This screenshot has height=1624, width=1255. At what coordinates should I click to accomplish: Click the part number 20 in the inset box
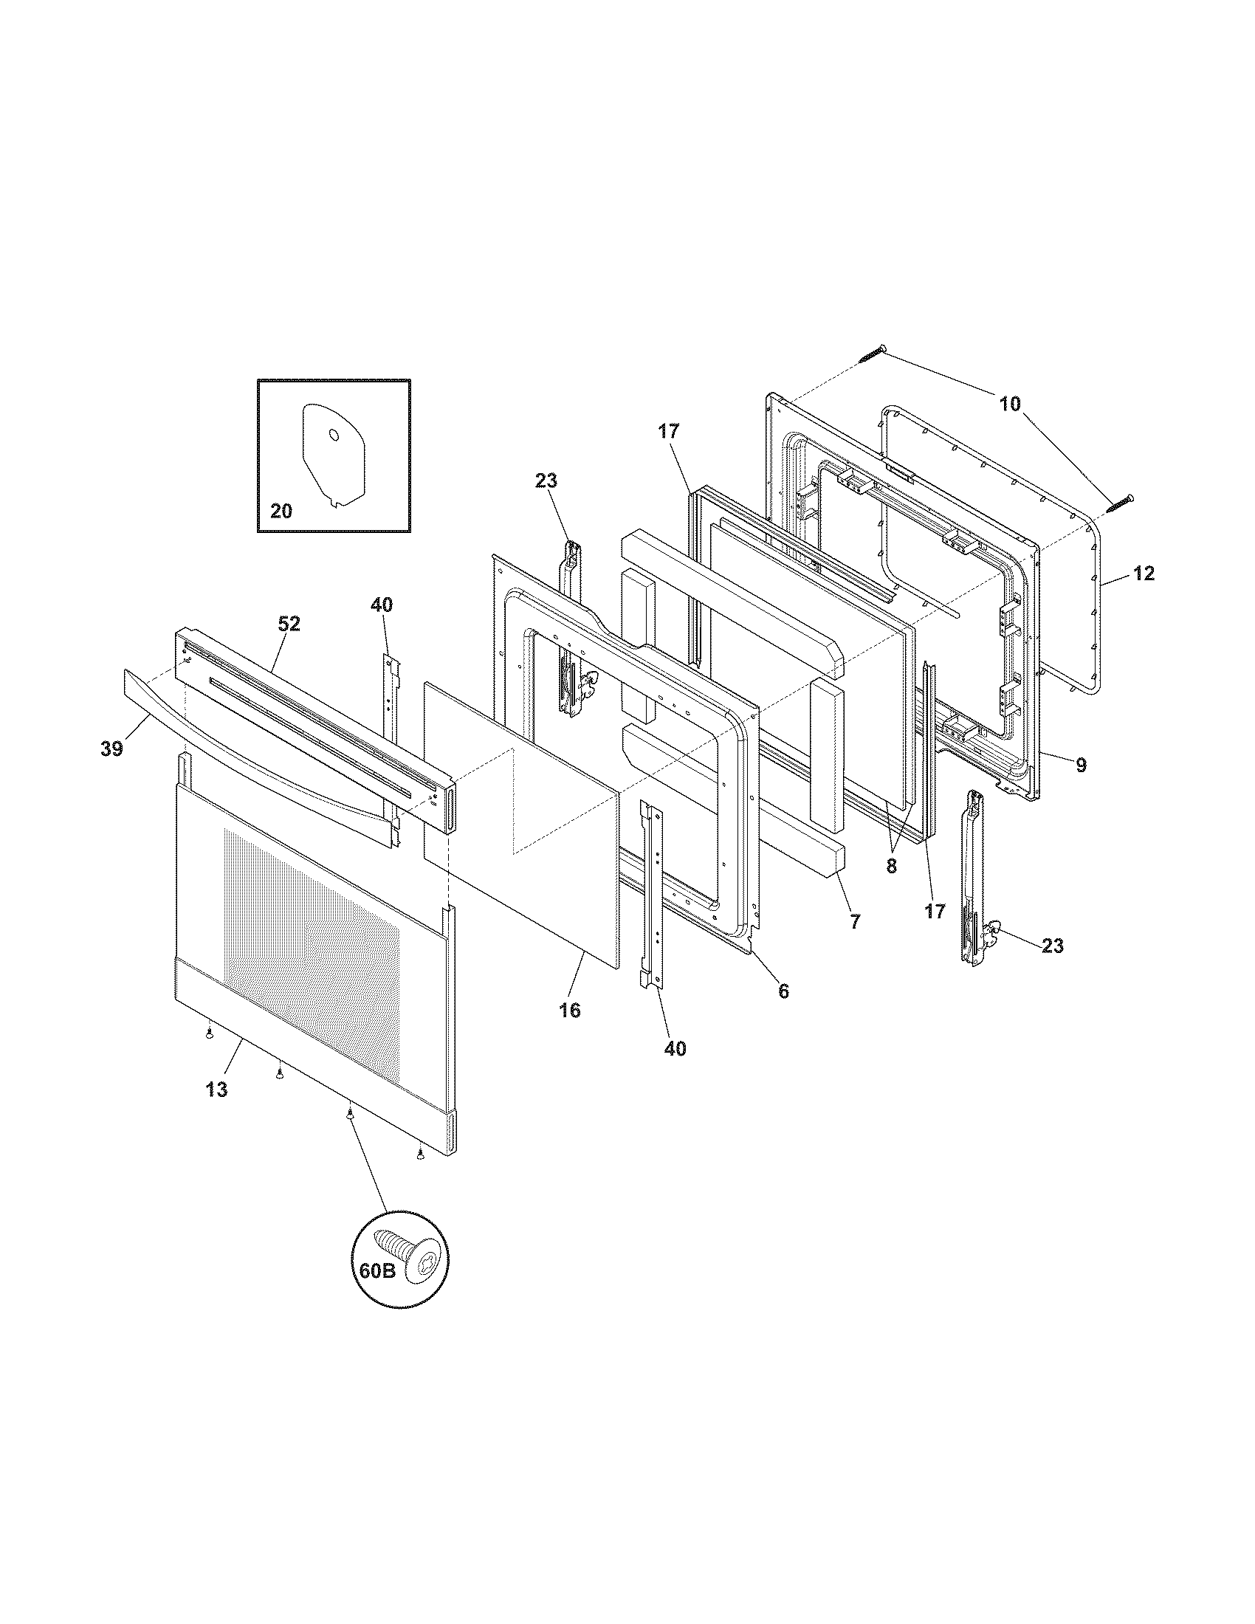[281, 512]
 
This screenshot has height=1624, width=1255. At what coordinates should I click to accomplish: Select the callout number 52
[289, 625]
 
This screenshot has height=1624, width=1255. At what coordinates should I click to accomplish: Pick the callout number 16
[570, 1011]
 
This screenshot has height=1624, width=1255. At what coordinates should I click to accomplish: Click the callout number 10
[1010, 404]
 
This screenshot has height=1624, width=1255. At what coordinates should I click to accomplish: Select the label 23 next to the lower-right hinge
[1052, 946]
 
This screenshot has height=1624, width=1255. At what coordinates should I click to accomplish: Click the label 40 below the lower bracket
[675, 1048]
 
